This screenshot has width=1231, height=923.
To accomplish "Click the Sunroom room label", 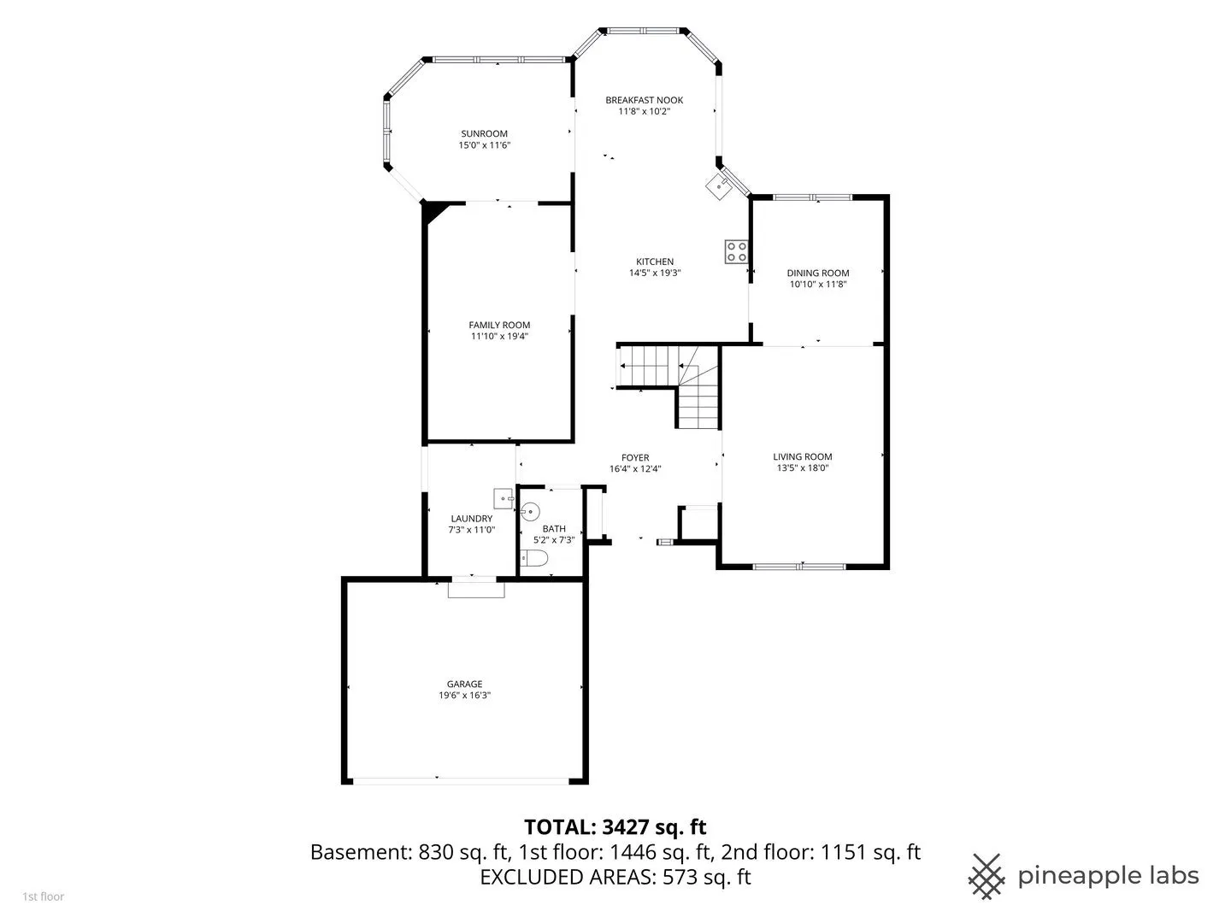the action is pos(484,134).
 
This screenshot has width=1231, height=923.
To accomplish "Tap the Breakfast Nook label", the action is pos(644,100).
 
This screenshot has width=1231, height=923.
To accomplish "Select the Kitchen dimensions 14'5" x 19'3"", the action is pos(655,273).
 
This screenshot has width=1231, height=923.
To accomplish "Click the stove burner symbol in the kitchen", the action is pos(736,251).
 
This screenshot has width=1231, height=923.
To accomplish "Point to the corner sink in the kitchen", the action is pos(718,185).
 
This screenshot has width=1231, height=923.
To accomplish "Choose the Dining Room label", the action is pos(818,273).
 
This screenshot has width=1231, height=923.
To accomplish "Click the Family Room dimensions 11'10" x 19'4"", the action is pos(499,336).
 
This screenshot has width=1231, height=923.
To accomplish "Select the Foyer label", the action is pos(635,458).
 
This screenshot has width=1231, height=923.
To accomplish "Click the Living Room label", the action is pos(802,456).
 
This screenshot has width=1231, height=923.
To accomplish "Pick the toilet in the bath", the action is pos(533,558).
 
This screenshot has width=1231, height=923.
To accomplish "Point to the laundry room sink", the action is pos(503,498).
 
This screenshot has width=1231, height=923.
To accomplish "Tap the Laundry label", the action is pos(471,519).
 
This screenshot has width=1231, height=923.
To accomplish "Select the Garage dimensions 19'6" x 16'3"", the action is pos(464,696).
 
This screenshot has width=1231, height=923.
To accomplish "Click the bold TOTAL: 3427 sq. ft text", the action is pos(615,827).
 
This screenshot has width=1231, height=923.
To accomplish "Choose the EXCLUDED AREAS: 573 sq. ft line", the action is pos(615,877).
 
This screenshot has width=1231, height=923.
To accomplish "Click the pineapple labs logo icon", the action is pos(987,877).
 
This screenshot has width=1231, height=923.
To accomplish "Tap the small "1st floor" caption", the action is pos(44,897).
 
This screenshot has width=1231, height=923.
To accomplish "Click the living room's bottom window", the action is pos(799,567).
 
